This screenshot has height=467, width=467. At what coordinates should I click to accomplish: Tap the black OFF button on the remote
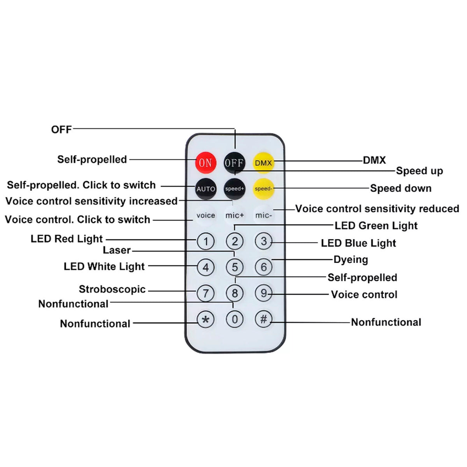click(234, 163)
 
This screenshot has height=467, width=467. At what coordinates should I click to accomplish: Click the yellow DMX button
click(263, 163)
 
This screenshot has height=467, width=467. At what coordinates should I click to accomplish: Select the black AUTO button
click(205, 189)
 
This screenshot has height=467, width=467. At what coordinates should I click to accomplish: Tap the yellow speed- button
click(263, 189)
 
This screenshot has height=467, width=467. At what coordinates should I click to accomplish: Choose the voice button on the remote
click(205, 215)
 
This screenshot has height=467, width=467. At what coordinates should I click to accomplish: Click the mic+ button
click(235, 215)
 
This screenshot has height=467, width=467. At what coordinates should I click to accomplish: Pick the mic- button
click(263, 215)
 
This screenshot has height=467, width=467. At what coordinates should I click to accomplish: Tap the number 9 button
click(263, 293)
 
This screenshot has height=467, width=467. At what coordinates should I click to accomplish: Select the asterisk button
click(205, 320)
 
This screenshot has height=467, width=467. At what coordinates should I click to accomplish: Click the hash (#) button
click(263, 320)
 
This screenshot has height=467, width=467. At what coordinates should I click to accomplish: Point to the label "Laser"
click(117, 250)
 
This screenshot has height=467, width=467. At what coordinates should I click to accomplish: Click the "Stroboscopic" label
click(112, 289)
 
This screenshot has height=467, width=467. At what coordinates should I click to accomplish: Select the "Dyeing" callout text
click(351, 260)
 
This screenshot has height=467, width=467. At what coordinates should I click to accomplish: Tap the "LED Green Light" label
click(376, 226)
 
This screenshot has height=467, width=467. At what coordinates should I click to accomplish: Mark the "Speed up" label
click(419, 171)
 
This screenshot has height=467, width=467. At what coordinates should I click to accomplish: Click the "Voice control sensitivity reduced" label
click(377, 209)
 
